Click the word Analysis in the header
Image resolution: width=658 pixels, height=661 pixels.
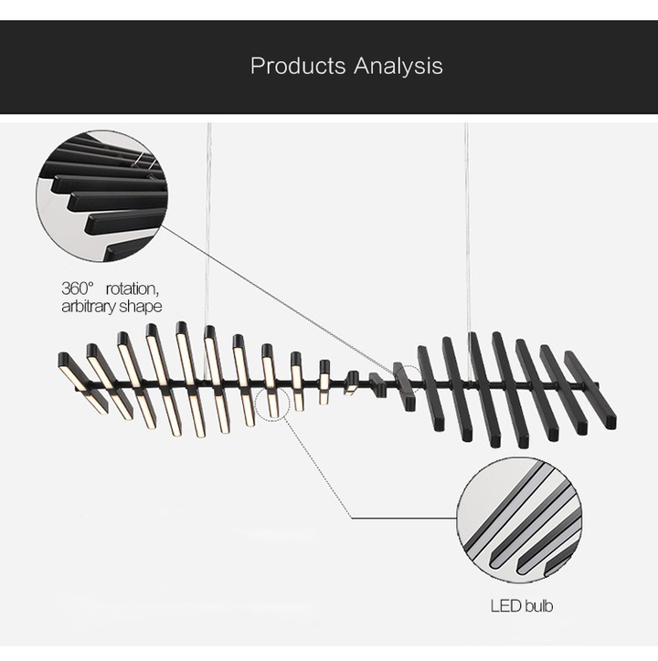coord(398,66)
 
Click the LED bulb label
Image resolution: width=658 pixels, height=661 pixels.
coord(522,605)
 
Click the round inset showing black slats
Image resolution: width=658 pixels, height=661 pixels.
coord(101,195)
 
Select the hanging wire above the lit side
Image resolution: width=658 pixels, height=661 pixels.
coord(207,228)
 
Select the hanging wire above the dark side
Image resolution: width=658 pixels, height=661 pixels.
coord(468,228)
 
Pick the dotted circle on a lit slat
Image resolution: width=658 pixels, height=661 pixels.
coord(272,402)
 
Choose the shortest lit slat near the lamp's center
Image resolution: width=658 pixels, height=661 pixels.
coord(351,382)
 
